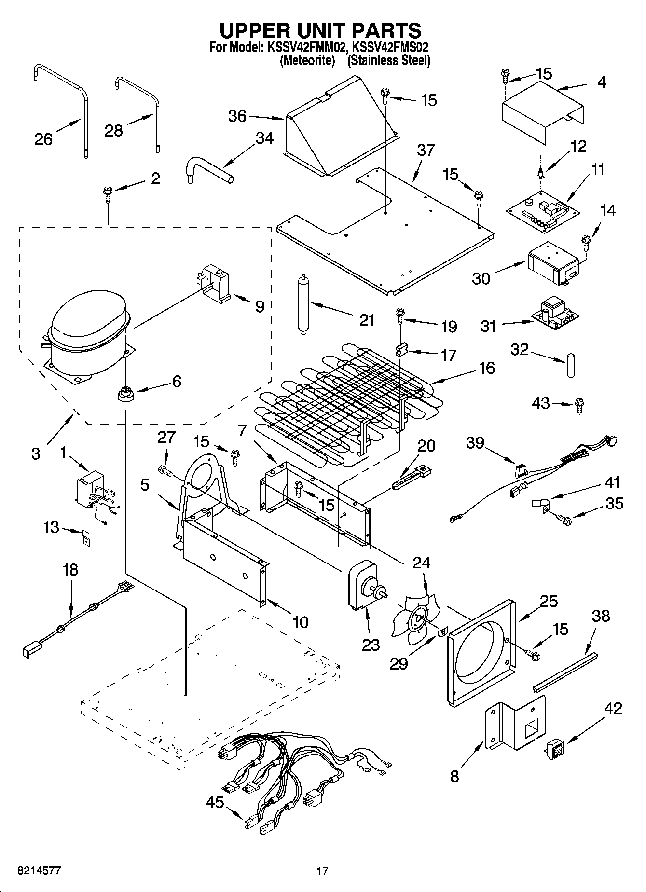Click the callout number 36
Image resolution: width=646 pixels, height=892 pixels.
tap(237, 116)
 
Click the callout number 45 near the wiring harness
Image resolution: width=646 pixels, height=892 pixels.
tap(215, 802)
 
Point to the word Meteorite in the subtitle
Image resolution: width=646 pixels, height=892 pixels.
tap(307, 61)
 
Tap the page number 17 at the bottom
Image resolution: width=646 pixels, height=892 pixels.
tap(322, 871)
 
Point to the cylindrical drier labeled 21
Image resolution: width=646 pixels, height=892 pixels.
tap(304, 303)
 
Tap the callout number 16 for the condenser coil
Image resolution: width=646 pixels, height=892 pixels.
tap(487, 368)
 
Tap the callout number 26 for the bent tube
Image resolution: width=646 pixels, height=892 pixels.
tap(43, 139)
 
